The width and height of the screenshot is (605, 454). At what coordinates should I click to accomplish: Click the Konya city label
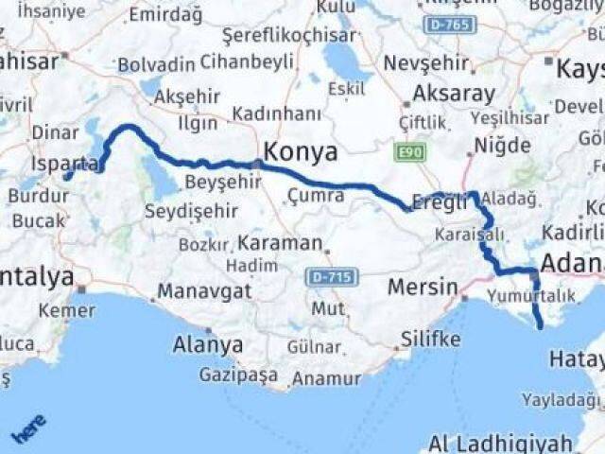coord(301,151)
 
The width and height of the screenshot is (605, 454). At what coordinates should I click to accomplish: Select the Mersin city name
coord(425,287)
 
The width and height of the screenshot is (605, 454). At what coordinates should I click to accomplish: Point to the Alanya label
coord(207,344)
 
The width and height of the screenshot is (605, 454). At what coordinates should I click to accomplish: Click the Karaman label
coord(280,242)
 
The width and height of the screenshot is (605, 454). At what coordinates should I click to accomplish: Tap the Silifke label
coord(430,339)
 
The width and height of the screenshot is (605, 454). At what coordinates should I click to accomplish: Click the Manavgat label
coord(202,289)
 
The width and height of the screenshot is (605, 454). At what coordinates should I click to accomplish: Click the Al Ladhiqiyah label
coord(500,442)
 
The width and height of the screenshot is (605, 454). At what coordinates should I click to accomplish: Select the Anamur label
coord(328,378)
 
